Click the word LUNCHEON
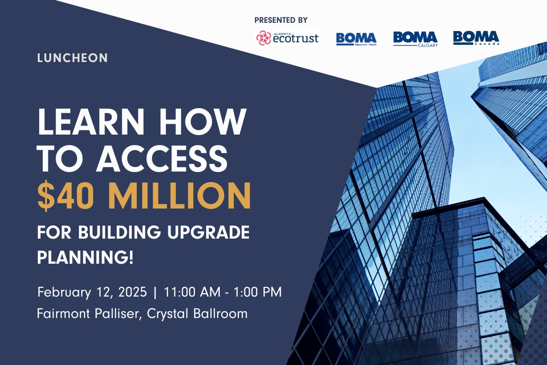73,58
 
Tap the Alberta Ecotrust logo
287,38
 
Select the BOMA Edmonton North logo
356,38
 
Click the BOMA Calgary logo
415,39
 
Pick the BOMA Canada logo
476,37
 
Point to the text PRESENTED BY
281,20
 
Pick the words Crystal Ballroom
198,314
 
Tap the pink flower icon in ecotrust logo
264,38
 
